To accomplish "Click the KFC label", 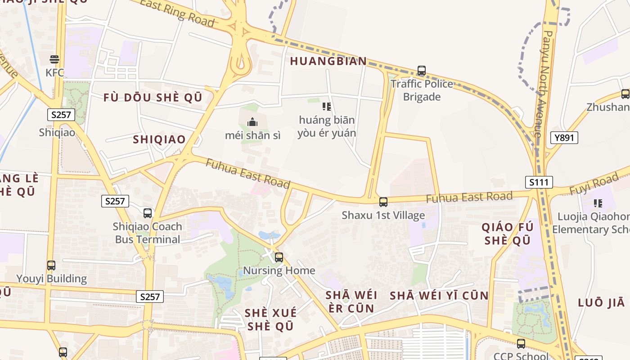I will point(54,72).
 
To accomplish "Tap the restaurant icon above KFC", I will point(54,59).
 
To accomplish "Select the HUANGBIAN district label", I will point(328,61).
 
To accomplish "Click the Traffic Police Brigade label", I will point(422,90).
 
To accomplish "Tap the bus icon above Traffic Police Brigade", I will point(422,71).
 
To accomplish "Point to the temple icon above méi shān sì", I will point(252,122).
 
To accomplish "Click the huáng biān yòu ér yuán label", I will point(327,126).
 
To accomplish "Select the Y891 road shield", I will point(564,138).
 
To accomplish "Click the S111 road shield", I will point(539,182).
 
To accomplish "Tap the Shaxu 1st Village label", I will point(383,215).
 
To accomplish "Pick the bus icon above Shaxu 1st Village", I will point(383,202).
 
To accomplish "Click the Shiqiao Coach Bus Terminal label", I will point(148,233).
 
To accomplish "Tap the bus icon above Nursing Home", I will point(279,257).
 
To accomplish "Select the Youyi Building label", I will point(51,279).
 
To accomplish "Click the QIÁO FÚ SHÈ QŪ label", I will point(508,233).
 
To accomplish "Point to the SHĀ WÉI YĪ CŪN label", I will point(439,296).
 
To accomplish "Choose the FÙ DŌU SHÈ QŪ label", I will point(153,98).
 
